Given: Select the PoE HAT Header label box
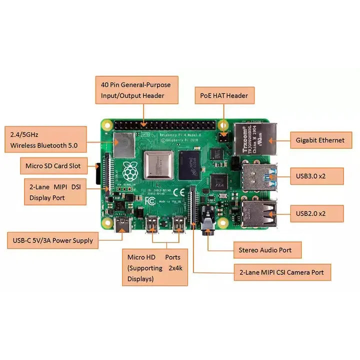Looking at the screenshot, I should pyautogui.click(x=221, y=95).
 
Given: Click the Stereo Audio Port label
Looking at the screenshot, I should pyautogui.click(x=268, y=249).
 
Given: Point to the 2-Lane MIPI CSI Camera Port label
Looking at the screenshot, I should pyautogui.click(x=282, y=272).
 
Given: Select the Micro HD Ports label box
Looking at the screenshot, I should pyautogui.click(x=155, y=268).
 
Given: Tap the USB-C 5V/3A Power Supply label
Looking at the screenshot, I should pyautogui.click(x=52, y=240).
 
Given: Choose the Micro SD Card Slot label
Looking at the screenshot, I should pyautogui.click(x=53, y=164).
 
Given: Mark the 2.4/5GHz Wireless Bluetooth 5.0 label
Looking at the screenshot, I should pyautogui.click(x=45, y=140).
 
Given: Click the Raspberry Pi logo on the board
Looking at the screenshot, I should pyautogui.click(x=130, y=171).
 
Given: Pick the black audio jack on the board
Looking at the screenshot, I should pyautogui.click(x=208, y=228).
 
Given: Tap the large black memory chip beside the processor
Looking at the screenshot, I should pyautogui.click(x=190, y=164).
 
